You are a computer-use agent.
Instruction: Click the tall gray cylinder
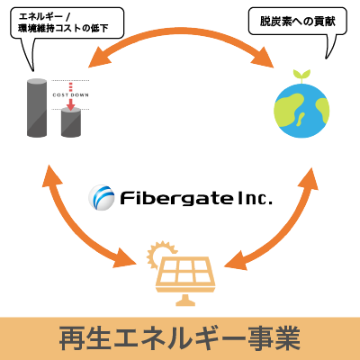[37, 108]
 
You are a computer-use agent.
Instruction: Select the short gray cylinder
[71, 123]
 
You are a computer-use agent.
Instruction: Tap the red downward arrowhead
[70, 106]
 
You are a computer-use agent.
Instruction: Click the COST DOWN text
[71, 95]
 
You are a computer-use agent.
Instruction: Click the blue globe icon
[301, 111]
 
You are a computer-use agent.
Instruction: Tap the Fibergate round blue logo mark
[102, 198]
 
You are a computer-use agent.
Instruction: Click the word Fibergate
[176, 199]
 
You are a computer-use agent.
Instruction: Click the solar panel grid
[185, 271]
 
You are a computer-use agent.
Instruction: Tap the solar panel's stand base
[185, 301]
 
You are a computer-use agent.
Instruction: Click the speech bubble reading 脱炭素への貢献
[298, 22]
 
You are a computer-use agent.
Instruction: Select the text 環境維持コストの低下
[63, 29]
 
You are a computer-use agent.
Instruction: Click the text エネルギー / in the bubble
[44, 16]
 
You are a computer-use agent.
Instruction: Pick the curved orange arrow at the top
[182, 33]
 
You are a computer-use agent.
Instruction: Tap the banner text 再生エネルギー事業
[180, 338]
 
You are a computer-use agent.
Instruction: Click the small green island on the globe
[301, 120]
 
